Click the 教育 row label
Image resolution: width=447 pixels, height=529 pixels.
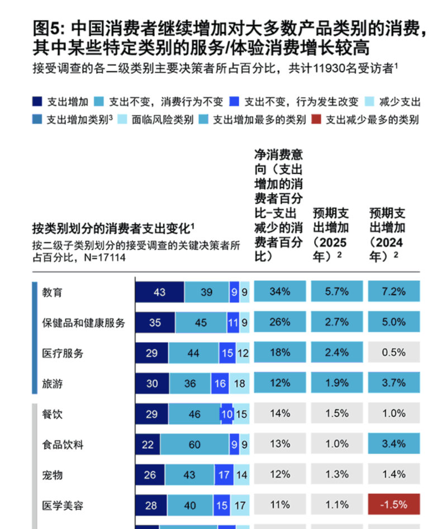[x=53, y=292]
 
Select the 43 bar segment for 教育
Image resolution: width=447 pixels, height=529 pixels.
[x=160, y=292]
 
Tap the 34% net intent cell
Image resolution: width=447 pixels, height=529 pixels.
[x=279, y=292]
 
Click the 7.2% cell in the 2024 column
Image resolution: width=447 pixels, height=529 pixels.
[x=394, y=292]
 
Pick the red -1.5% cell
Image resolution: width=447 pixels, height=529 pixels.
[x=394, y=505]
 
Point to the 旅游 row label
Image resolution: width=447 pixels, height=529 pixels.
[x=53, y=383]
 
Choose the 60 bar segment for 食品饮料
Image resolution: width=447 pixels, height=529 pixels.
[x=195, y=445]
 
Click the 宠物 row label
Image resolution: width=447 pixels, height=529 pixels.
[x=53, y=475]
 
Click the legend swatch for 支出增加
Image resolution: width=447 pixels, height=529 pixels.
[x=37, y=102]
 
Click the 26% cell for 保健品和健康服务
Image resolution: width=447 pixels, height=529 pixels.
[x=279, y=323]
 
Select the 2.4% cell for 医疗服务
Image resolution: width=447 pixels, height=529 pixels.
[x=337, y=353]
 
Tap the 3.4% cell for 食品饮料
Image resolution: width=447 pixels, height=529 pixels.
[x=394, y=445]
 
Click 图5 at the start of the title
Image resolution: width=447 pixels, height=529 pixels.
[x=47, y=27]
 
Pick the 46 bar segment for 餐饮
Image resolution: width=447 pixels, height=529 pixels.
[x=195, y=414]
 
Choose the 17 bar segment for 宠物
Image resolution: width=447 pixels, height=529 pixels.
[x=223, y=475]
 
